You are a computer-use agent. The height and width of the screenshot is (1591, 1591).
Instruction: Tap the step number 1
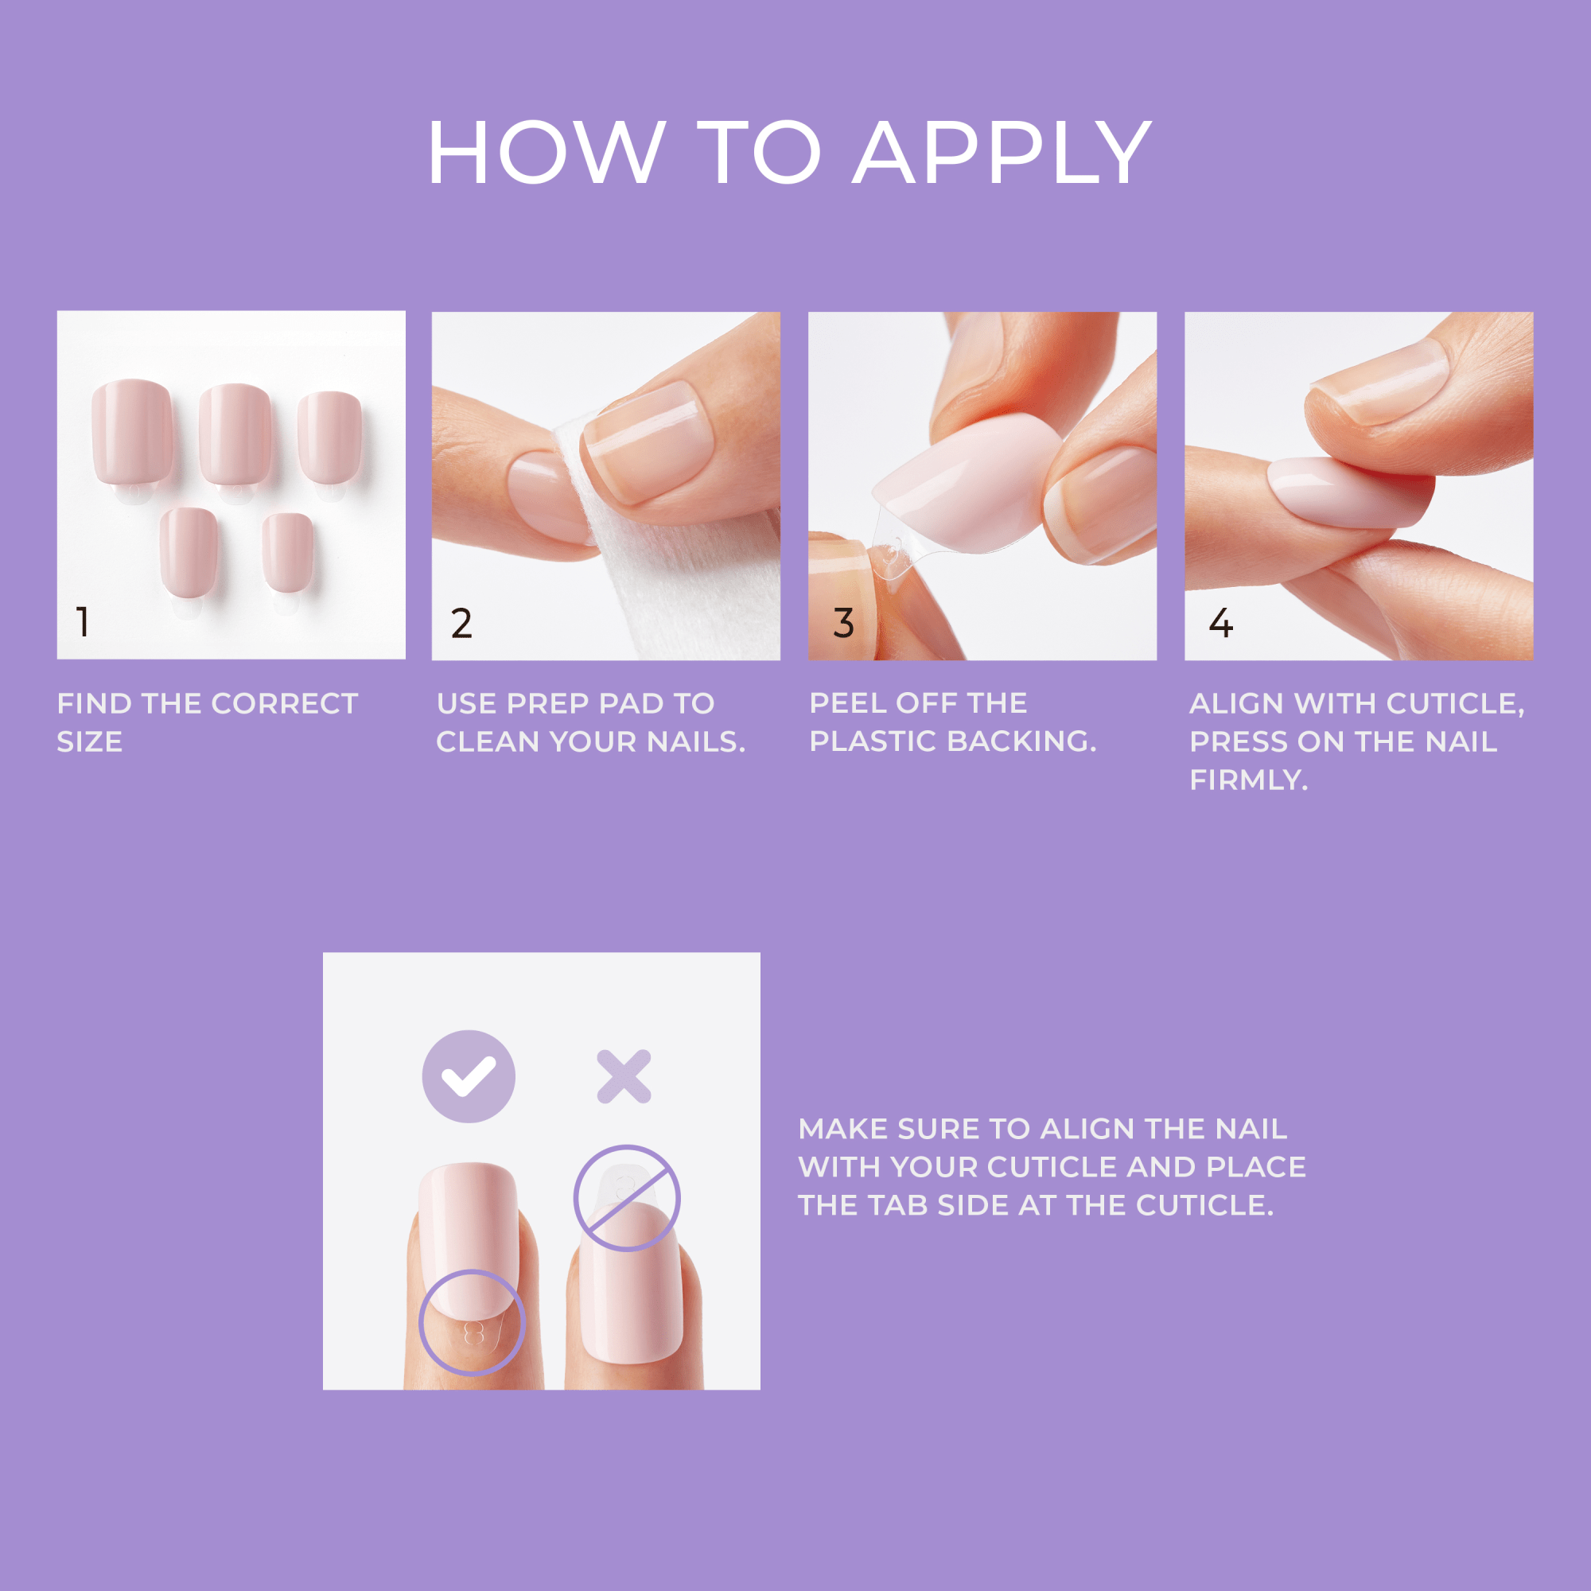(x=83, y=622)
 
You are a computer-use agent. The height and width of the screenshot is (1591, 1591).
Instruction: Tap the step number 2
(x=461, y=624)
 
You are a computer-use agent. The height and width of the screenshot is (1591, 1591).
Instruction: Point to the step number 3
(x=843, y=624)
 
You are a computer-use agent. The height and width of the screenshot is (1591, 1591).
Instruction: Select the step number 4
(x=1220, y=624)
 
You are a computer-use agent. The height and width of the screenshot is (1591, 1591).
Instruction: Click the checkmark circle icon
(x=469, y=1076)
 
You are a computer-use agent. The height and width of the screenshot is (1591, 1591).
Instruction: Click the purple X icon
(x=624, y=1076)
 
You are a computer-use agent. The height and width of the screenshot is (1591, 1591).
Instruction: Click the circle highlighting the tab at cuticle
(x=472, y=1321)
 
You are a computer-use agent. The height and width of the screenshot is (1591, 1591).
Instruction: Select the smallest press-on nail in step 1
(x=287, y=552)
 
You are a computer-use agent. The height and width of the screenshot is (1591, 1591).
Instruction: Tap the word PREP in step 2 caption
(x=543, y=704)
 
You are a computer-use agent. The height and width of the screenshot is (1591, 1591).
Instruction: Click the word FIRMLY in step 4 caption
(x=1247, y=780)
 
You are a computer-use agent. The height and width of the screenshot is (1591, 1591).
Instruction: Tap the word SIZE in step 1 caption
(x=89, y=742)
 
